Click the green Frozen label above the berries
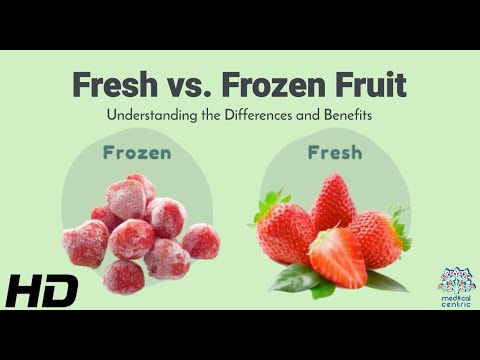point(137,154)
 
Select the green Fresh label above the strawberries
point(334,154)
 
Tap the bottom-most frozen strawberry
point(124,275)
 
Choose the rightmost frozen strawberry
point(201,241)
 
